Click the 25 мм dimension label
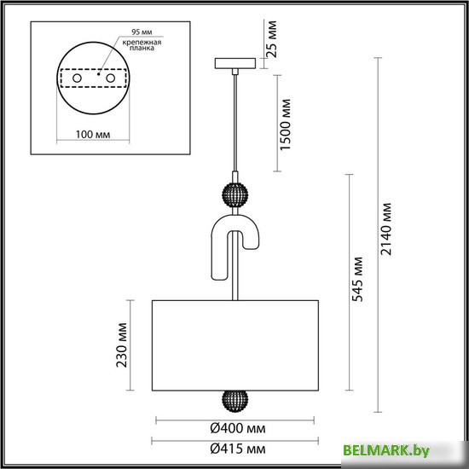coord(273,39)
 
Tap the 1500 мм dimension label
coord(285,124)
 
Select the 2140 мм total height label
coord(385,229)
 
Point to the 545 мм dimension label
coord(357,279)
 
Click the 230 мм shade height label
coord(121,345)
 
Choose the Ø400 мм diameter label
coord(238,428)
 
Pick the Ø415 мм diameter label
coord(238,449)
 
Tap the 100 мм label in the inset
coord(93,134)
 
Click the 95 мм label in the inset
coord(142,32)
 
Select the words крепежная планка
coord(142,45)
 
